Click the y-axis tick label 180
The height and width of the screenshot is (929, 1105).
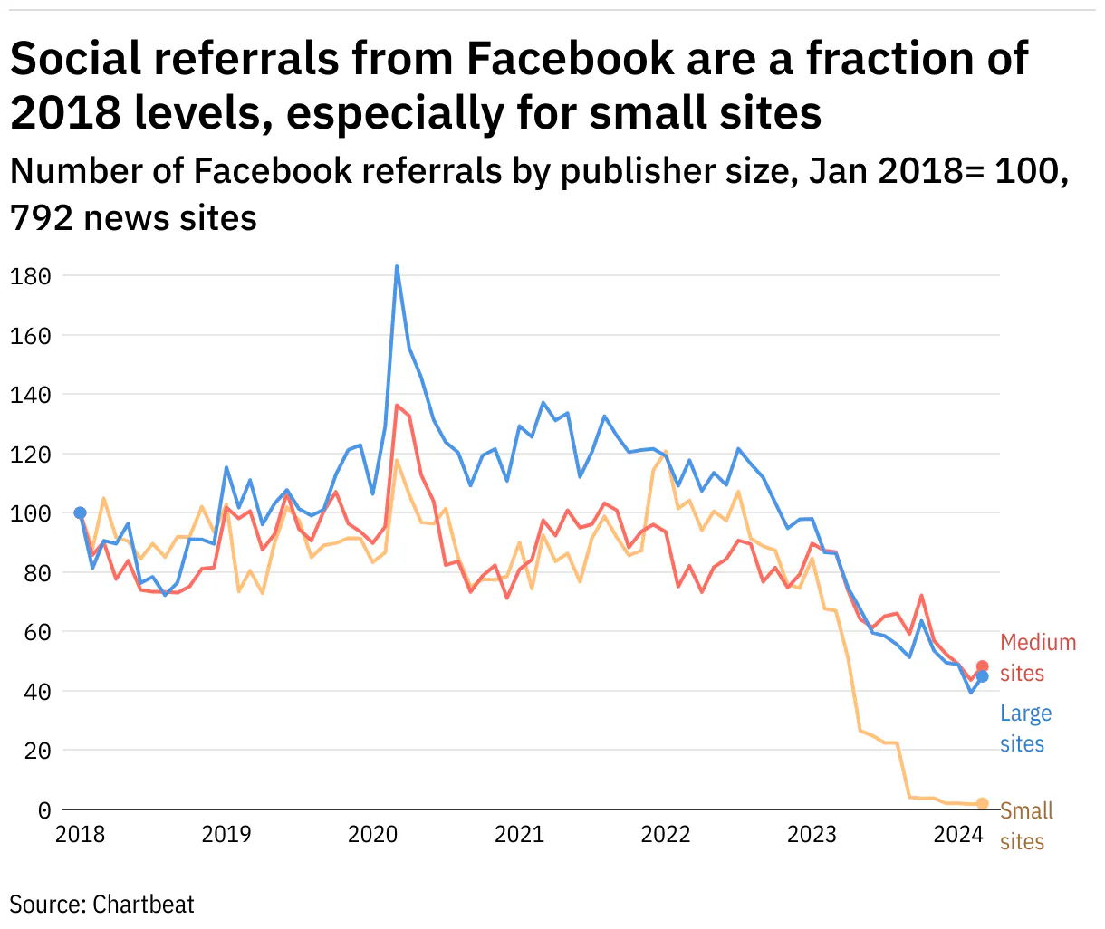click(31, 276)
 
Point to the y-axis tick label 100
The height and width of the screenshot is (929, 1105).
click(31, 513)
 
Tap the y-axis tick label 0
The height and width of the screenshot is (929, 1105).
click(43, 810)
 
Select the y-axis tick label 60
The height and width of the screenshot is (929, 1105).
click(36, 632)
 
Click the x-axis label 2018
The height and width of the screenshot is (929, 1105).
click(80, 834)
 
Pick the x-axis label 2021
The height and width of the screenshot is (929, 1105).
click(519, 834)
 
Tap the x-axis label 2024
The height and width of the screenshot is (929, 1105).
click(958, 834)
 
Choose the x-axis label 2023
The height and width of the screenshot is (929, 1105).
click(812, 834)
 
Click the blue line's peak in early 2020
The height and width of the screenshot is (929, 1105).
click(397, 267)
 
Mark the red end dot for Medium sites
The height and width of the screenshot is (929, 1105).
click(982, 667)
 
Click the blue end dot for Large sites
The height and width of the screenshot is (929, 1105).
click(982, 677)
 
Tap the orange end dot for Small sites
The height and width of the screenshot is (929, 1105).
click(982, 804)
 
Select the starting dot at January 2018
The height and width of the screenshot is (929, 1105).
click(80, 513)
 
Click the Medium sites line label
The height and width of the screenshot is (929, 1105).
click(1038, 657)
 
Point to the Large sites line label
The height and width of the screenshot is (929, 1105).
click(1025, 729)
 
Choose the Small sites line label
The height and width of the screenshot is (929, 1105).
click(1026, 826)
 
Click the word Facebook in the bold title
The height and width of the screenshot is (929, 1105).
click(571, 60)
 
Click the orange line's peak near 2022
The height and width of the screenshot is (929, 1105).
click(666, 451)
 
